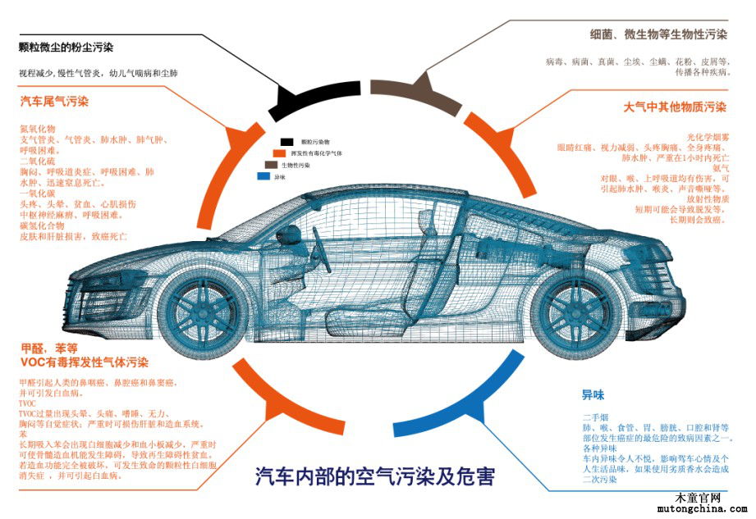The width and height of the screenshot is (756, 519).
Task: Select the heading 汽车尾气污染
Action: click(x=54, y=102)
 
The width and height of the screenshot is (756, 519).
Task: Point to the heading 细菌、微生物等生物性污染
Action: click(x=658, y=34)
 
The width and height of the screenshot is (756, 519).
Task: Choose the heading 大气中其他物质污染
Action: click(x=675, y=107)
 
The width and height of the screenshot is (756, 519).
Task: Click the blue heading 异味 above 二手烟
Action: click(x=593, y=395)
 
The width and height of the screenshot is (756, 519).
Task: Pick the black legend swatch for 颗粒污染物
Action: click(x=286, y=142)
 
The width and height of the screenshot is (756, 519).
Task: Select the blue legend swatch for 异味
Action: click(x=263, y=176)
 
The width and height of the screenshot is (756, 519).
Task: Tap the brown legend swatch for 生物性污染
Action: click(x=270, y=165)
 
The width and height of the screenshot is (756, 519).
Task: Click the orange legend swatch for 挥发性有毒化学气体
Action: click(x=278, y=153)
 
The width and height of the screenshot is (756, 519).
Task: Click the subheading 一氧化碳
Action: click(x=36, y=193)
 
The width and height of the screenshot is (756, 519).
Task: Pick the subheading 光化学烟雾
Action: click(x=708, y=136)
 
